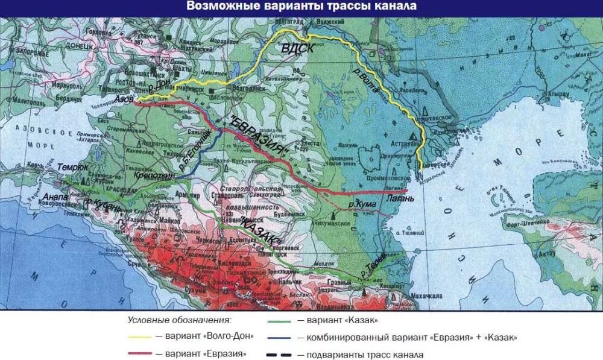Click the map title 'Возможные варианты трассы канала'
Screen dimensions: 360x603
tap(301, 7)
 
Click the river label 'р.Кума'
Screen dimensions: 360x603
tap(362, 206)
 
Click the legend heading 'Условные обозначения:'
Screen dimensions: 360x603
tap(180, 320)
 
